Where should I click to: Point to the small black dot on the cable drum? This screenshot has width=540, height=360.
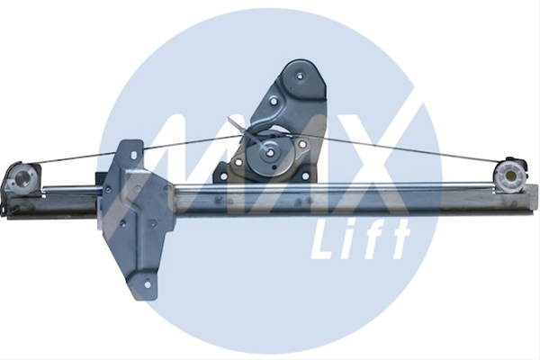pyautogui.click(x=274, y=167)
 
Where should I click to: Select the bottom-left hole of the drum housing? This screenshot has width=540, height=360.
pyautogui.click(x=223, y=176)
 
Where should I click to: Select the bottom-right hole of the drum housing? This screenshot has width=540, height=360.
pyautogui.click(x=305, y=177)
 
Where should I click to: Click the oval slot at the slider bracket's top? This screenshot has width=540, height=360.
pyautogui.click(x=133, y=156)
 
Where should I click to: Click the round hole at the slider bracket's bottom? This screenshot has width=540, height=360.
pyautogui.click(x=148, y=284)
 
